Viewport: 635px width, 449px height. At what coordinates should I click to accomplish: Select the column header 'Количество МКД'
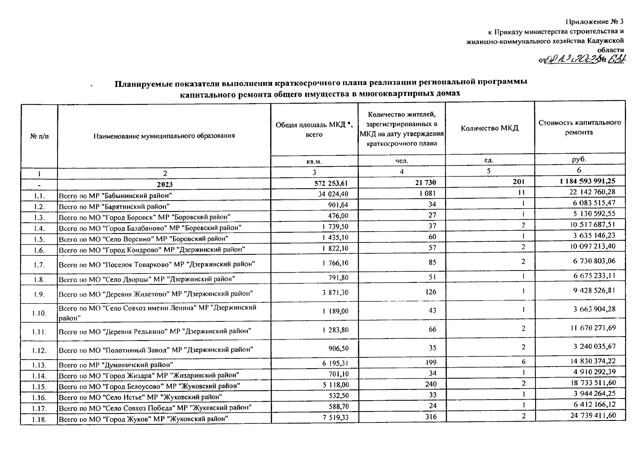pyautogui.click(x=489, y=128)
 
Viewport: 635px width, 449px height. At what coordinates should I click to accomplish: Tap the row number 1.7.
pyautogui.click(x=39, y=265)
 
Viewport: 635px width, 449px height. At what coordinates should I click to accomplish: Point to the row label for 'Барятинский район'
pyautogui.click(x=114, y=207)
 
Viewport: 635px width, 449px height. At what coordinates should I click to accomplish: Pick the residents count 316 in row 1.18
pyautogui.click(x=431, y=416)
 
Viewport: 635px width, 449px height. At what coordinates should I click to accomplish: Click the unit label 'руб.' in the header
pyautogui.click(x=579, y=159)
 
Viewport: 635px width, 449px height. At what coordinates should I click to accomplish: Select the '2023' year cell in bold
pyautogui.click(x=165, y=184)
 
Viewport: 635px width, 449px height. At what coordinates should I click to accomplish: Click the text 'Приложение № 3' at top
pyautogui.click(x=595, y=21)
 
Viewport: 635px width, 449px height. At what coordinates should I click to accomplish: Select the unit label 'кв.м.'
pyautogui.click(x=314, y=161)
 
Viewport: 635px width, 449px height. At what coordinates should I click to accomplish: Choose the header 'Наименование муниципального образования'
pyautogui.click(x=164, y=136)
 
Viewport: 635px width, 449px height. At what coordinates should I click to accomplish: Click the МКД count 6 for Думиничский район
pyautogui.click(x=523, y=361)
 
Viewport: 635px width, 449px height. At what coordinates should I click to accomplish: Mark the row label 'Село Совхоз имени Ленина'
pyautogui.click(x=157, y=312)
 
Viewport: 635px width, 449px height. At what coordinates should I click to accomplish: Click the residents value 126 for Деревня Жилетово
pyautogui.click(x=431, y=292)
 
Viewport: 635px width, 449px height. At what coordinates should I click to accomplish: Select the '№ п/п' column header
pyautogui.click(x=39, y=136)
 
